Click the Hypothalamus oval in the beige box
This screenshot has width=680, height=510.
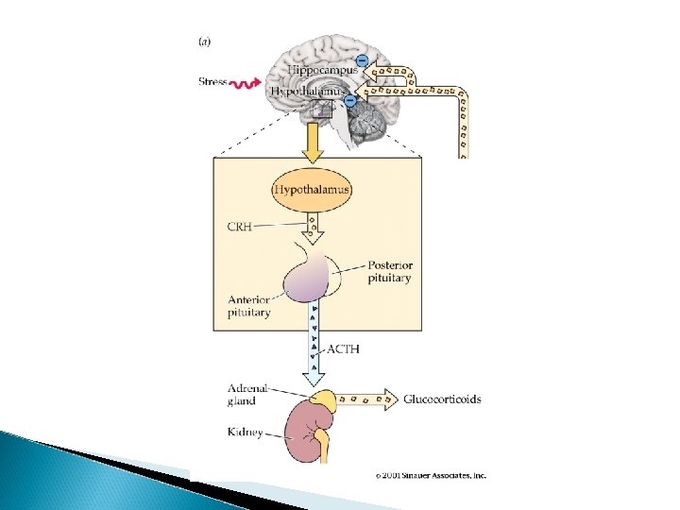tap(313, 190)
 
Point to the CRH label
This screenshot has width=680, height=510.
tap(241, 227)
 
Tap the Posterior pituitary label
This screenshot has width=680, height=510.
tap(390, 272)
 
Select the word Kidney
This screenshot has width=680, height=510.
tap(246, 433)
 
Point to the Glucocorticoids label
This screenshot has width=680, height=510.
tap(442, 399)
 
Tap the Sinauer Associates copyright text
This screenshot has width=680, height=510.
tap(431, 475)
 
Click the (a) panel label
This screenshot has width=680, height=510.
tap(205, 42)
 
